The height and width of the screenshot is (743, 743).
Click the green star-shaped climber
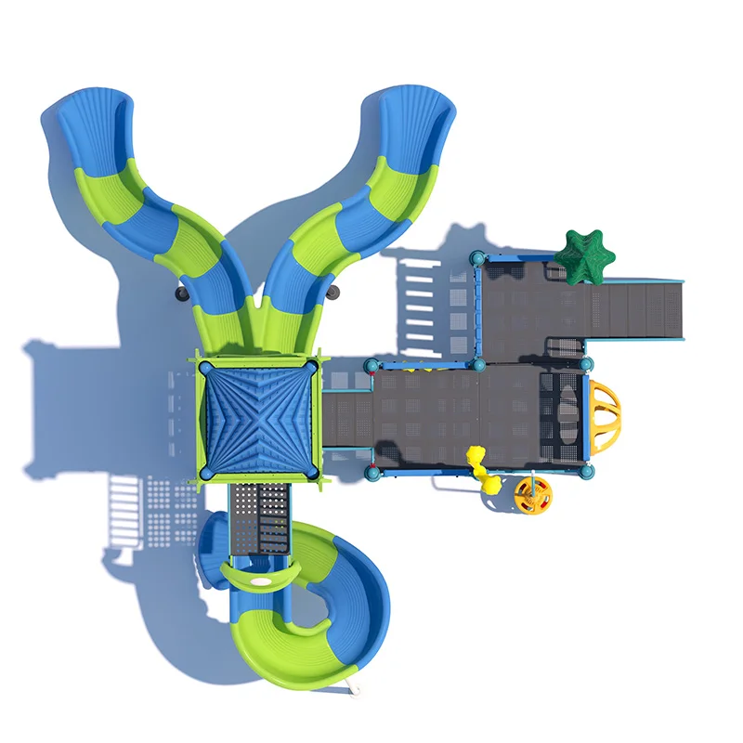coord(585,255)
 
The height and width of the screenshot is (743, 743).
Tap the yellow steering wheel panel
coord(533,496)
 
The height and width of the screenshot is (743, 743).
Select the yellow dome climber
coord(603,415)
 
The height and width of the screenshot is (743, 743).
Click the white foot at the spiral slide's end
coord(353,689)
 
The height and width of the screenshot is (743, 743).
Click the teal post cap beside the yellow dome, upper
coord(587,363)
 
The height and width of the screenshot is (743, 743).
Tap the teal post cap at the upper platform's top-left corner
coord(477,257)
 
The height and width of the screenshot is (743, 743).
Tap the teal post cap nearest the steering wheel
coord(586,472)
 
